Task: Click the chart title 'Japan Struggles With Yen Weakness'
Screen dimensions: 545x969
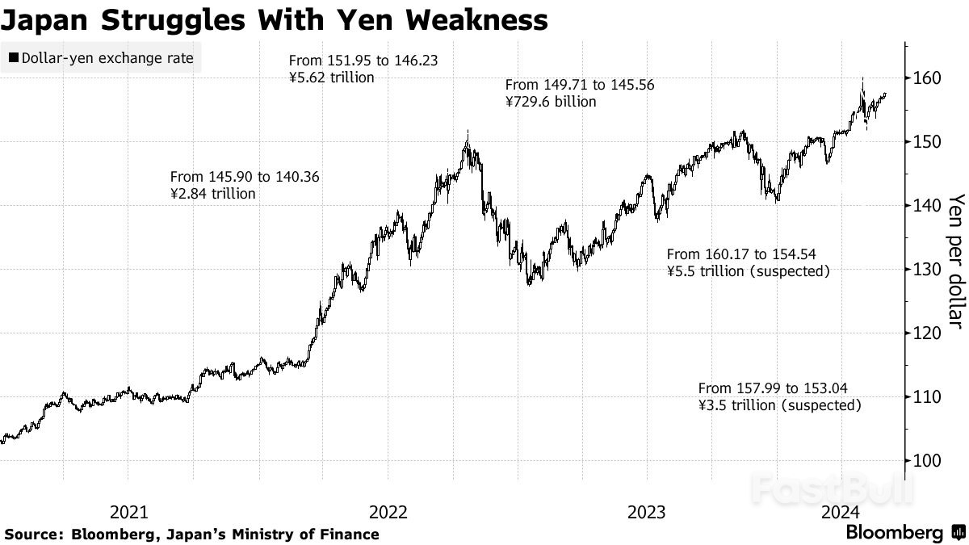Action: point(275,19)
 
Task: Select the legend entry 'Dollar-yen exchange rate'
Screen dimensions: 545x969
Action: point(103,58)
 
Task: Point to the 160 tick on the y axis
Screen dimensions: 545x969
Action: point(925,78)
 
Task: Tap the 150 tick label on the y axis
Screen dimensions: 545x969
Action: point(925,142)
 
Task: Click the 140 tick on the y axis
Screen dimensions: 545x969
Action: point(925,206)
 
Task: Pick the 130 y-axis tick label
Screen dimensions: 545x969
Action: point(925,270)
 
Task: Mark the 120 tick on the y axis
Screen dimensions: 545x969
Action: point(925,333)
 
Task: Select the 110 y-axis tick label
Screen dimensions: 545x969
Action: point(925,397)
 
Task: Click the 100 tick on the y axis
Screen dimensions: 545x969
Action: point(925,461)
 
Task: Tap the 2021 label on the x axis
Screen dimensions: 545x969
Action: point(128,512)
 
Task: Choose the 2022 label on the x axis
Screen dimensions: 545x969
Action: point(388,512)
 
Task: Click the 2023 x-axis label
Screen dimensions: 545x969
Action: point(646,512)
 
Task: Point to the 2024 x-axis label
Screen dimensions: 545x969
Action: point(841,512)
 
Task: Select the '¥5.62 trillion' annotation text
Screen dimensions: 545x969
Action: point(332,78)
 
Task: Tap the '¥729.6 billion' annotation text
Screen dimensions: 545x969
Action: point(551,102)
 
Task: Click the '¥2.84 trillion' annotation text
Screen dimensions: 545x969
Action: point(212,194)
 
